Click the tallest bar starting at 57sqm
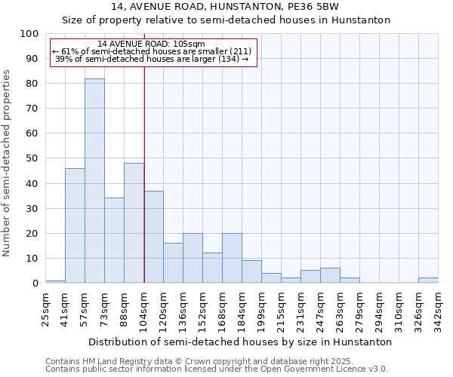click(x=94, y=181)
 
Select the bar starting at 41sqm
click(x=75, y=225)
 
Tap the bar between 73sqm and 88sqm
click(x=114, y=241)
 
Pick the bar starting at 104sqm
click(x=153, y=237)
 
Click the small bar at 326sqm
click(x=428, y=280)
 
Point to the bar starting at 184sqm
click(x=251, y=271)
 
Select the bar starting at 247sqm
click(x=330, y=275)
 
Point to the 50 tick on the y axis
click(x=32, y=158)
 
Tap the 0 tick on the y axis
click(x=35, y=283)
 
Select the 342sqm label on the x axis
click(x=438, y=309)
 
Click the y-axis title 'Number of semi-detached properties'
click(x=7, y=163)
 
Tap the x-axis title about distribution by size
click(x=240, y=342)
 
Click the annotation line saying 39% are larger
click(x=152, y=59)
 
